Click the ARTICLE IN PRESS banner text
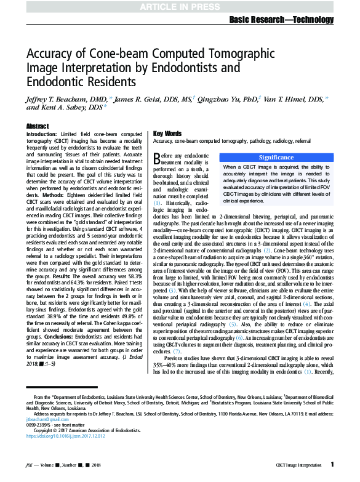click(179, 7)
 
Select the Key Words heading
click(167, 134)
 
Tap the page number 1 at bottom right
click(332, 464)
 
